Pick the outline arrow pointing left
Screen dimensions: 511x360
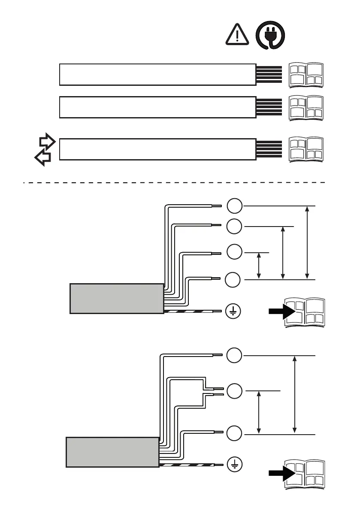[x=43, y=157]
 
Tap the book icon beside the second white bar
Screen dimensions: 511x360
[x=306, y=108]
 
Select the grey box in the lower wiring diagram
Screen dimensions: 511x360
[x=112, y=452]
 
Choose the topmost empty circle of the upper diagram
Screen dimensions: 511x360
[x=234, y=206]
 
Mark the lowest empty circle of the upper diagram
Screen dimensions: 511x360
[x=234, y=279]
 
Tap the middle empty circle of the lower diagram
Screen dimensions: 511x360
[x=234, y=391]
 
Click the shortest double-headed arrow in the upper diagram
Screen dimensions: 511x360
[x=259, y=266]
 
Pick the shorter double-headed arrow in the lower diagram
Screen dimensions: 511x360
[x=259, y=412]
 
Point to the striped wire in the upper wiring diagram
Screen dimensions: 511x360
[x=193, y=311]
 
